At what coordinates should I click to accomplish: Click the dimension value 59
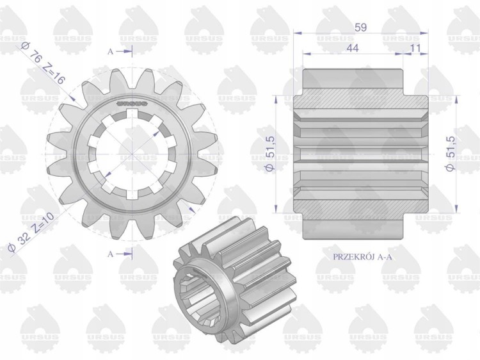[360, 28]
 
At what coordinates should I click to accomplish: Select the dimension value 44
[353, 48]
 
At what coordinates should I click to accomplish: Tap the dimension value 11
[415, 48]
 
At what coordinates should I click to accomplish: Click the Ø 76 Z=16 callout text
[43, 63]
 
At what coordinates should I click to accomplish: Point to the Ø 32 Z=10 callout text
[31, 232]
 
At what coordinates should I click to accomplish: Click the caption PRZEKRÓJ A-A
[362, 257]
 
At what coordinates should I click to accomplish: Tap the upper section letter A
[111, 52]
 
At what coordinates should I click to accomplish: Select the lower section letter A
[111, 254]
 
